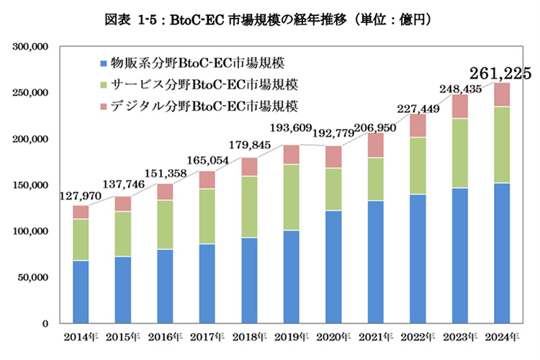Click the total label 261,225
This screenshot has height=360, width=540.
tap(500, 73)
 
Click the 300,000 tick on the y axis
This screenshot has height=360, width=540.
tap(30, 47)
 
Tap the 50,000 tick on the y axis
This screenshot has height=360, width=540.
tap(32, 277)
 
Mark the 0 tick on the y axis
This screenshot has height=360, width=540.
tap(45, 323)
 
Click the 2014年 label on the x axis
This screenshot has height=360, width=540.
tap(81, 336)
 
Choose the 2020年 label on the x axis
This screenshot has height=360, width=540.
tap(333, 336)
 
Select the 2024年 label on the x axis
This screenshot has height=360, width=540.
tap(501, 336)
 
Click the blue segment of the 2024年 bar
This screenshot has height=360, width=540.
tap(501, 253)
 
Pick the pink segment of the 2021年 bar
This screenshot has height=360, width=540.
tap(375, 145)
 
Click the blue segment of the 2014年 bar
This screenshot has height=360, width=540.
tap(81, 292)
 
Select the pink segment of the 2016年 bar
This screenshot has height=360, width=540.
tap(165, 192)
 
